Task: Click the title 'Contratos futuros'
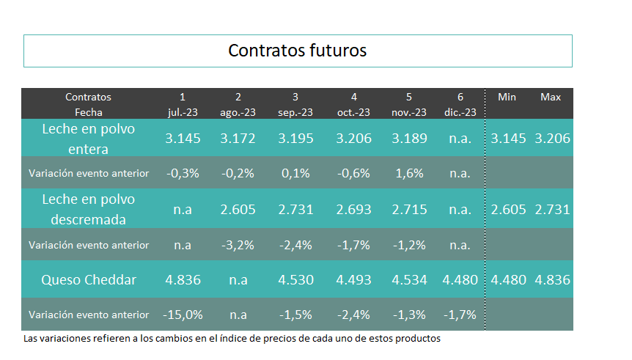point(298,51)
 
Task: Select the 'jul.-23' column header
point(183,112)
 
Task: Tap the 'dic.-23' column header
point(460,112)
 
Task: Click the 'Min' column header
point(507,98)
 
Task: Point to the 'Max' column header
point(551,98)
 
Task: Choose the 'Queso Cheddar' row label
point(89,280)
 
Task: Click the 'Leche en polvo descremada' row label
point(89,209)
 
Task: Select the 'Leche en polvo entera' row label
point(89,139)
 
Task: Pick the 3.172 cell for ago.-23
point(238,139)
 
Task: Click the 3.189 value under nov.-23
point(409,139)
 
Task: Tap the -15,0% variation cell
point(183,315)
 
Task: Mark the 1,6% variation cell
point(409,173)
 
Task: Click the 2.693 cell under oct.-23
point(353,210)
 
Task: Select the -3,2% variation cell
point(238,245)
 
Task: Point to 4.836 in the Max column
point(552,280)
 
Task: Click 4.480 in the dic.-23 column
point(460,280)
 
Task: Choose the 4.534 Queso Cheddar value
point(409,280)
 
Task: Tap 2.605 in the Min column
point(508,210)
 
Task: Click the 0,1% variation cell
point(295,173)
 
